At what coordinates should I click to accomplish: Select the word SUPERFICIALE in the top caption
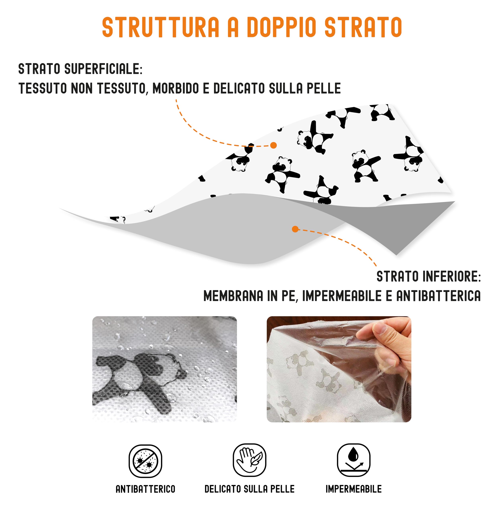tap(103, 69)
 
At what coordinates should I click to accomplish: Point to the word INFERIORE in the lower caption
tap(452, 277)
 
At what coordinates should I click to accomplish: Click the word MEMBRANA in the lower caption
tap(233, 296)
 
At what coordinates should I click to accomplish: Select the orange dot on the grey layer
tap(295, 229)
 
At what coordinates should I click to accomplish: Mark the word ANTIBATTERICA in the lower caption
tap(438, 296)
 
